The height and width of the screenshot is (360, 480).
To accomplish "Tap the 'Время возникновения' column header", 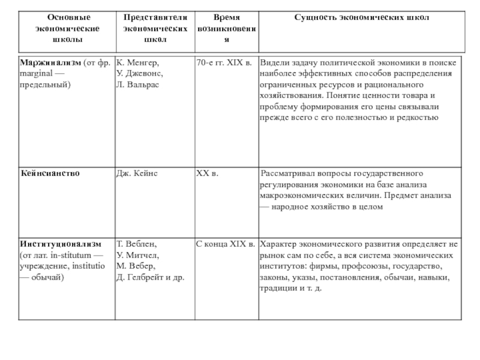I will tap(226, 28).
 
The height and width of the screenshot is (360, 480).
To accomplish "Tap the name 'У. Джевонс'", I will tap(139, 73).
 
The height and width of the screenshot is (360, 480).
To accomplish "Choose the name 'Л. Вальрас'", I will tap(139, 84).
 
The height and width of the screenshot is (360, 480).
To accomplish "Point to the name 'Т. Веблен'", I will tap(136, 244).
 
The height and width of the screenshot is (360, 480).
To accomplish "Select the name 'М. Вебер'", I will tap(136, 266).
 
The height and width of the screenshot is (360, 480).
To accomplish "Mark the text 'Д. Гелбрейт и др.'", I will tap(150, 277).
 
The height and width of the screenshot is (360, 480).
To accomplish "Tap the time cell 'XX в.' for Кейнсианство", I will tap(207, 173).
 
